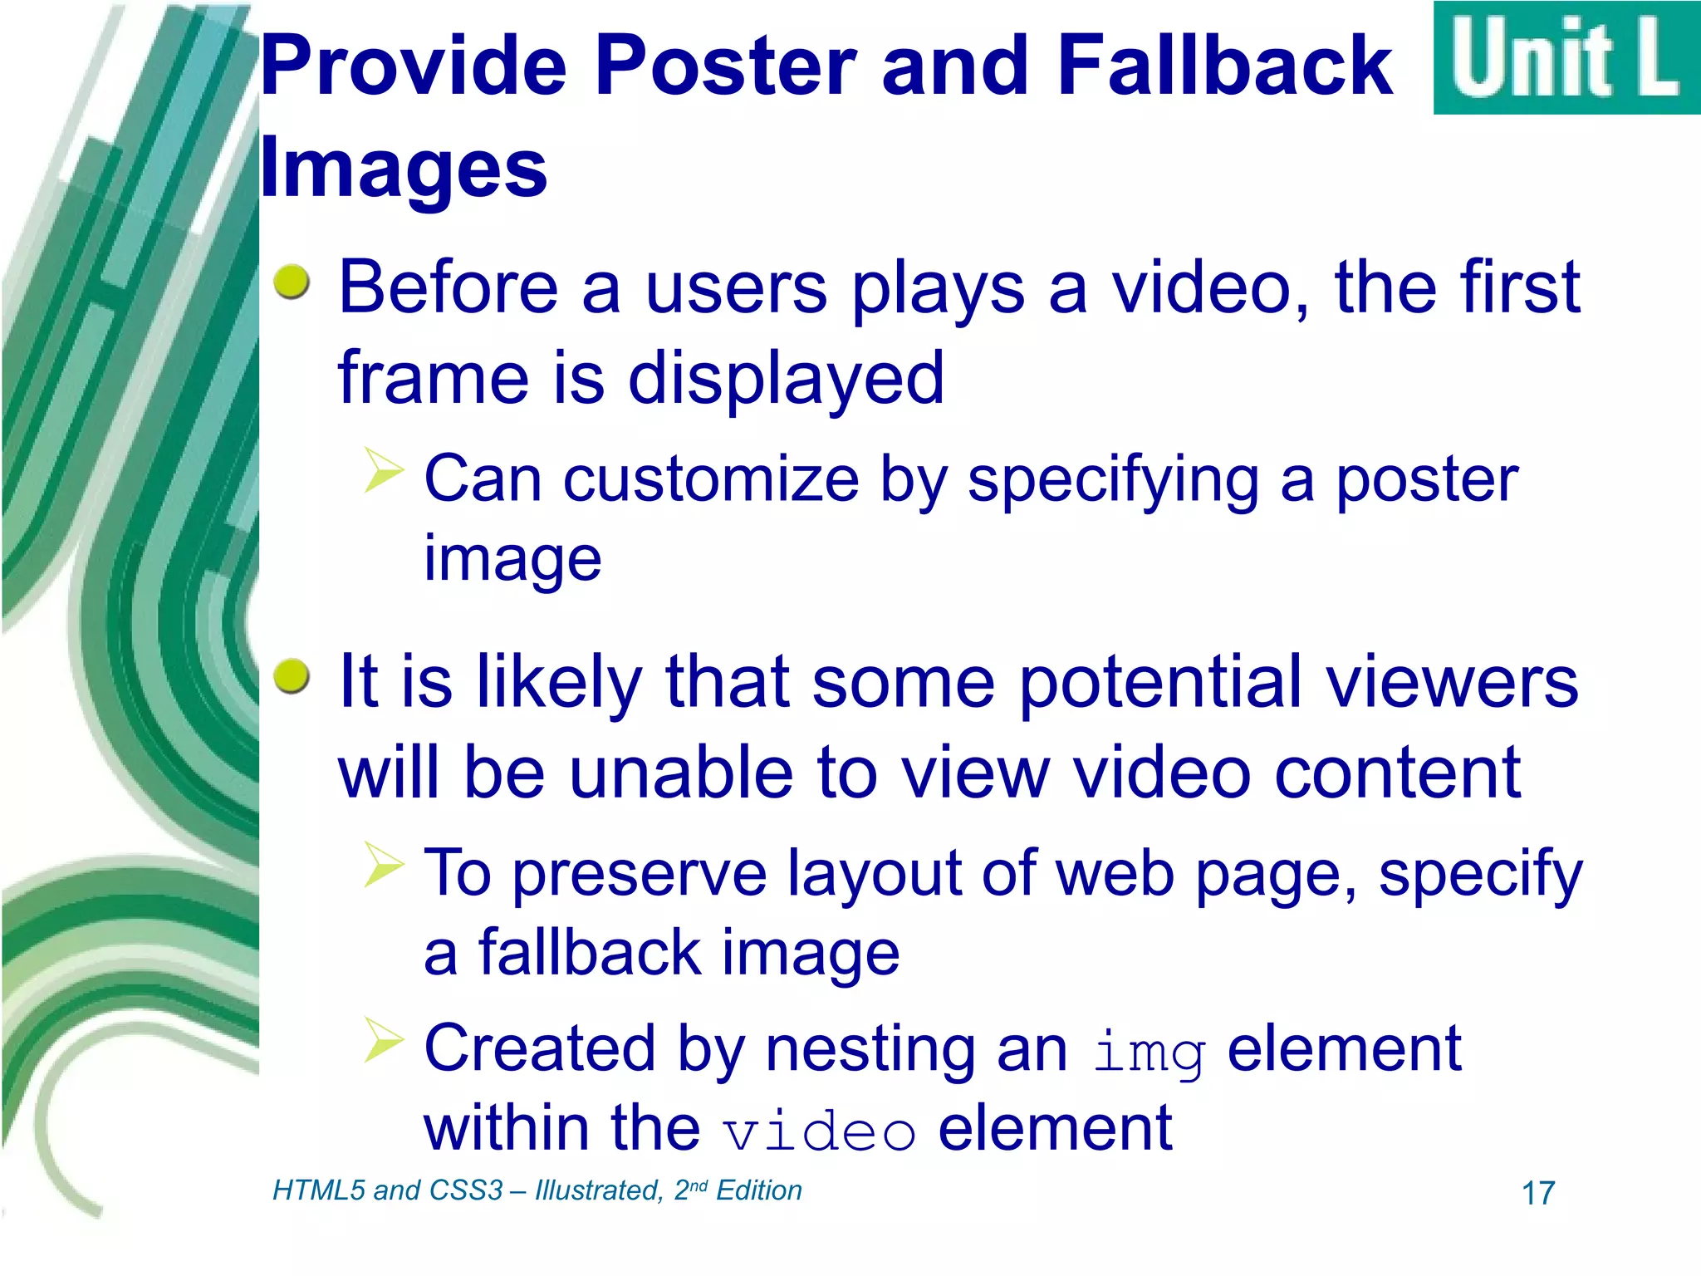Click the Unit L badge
pos(1566,58)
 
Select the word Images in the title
pos(404,169)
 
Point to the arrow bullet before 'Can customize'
pos(383,469)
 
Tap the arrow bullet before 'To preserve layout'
pos(383,864)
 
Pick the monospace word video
pos(819,1132)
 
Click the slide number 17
pos(1537,1194)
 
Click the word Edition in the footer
pos(758,1190)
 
